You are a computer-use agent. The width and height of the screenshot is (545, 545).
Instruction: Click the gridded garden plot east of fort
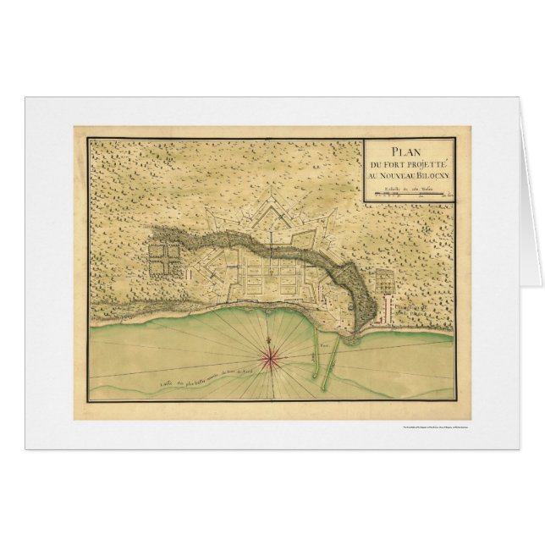point(383,280)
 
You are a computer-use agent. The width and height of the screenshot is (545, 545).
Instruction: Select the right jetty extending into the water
point(337,347)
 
